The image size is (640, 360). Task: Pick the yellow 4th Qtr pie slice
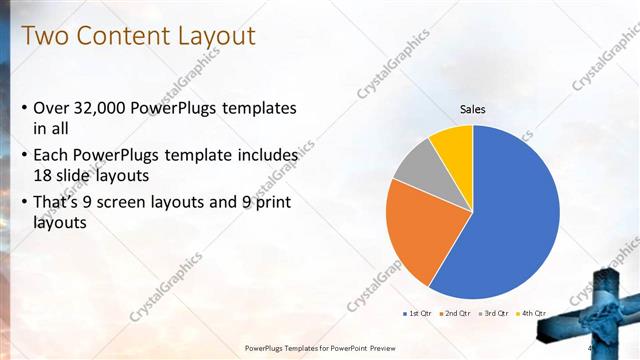[x=453, y=142]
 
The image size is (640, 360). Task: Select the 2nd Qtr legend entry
[x=458, y=313]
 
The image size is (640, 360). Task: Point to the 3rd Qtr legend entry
[x=496, y=313]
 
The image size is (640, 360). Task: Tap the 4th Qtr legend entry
[x=533, y=313]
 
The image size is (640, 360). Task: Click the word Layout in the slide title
[x=217, y=37]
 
